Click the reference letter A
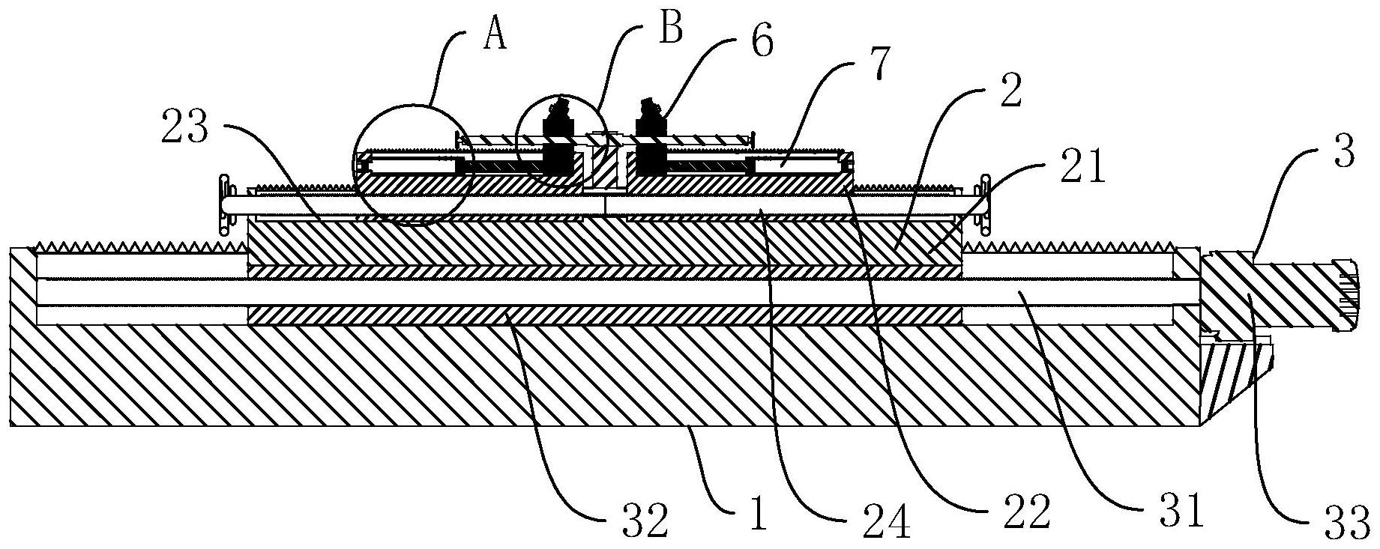click(493, 34)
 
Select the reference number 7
click(876, 65)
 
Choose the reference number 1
click(758, 518)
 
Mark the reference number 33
click(1349, 522)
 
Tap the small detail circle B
click(562, 140)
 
